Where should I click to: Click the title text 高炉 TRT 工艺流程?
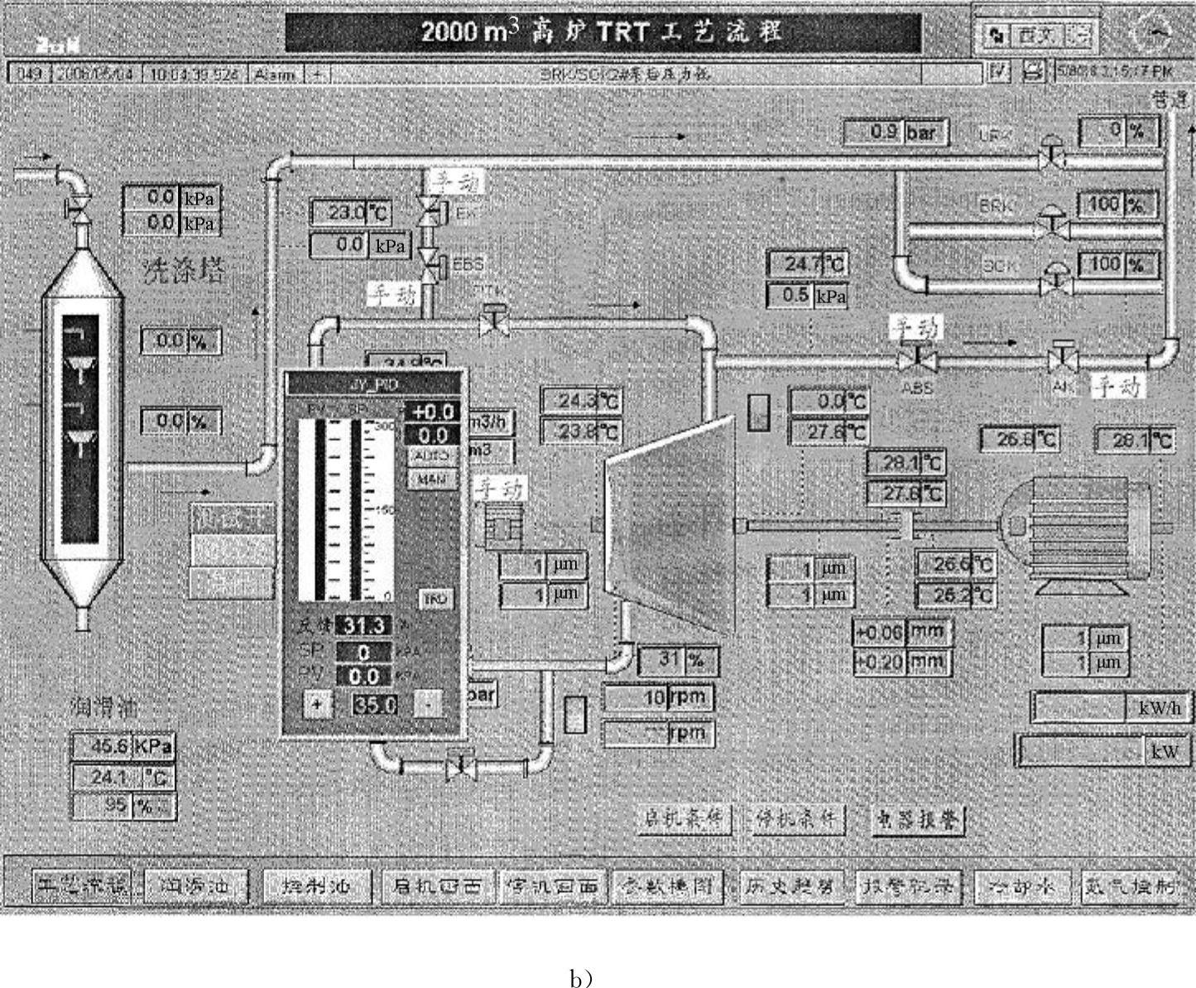[603, 33]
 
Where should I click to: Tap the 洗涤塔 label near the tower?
[181, 271]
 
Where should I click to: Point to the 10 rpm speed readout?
[658, 697]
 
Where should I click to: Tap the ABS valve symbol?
[916, 360]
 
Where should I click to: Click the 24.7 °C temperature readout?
[807, 264]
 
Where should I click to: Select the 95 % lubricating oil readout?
[124, 806]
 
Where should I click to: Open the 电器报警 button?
[919, 820]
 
